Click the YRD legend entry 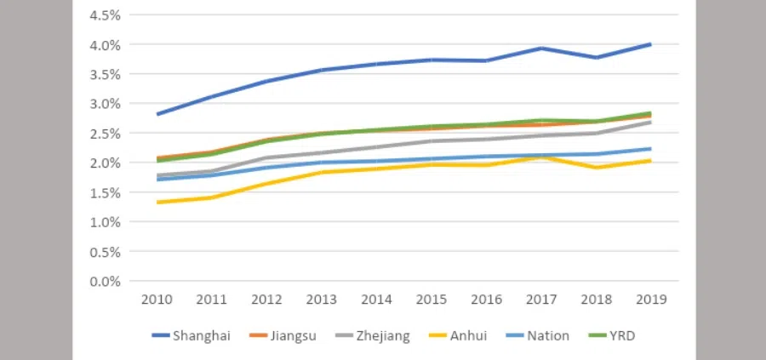[x=619, y=336]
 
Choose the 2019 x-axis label [x=651, y=300]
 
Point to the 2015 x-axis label [x=432, y=300]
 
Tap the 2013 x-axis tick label [x=322, y=300]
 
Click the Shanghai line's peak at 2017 [x=541, y=49]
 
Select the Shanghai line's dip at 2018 [x=596, y=58]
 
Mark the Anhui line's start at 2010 [x=157, y=203]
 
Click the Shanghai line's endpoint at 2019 [x=651, y=44]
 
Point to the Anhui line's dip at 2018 [x=596, y=168]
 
